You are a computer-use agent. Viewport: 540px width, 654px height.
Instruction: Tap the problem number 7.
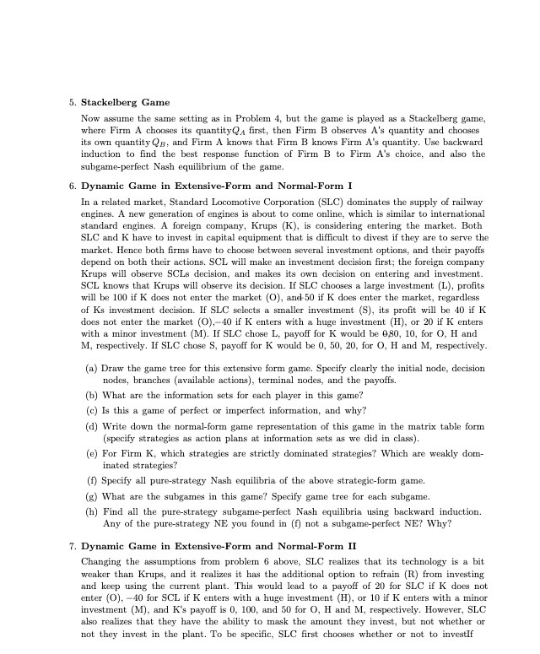(x=72, y=546)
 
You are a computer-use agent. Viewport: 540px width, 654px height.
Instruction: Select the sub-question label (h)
(x=91, y=511)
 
